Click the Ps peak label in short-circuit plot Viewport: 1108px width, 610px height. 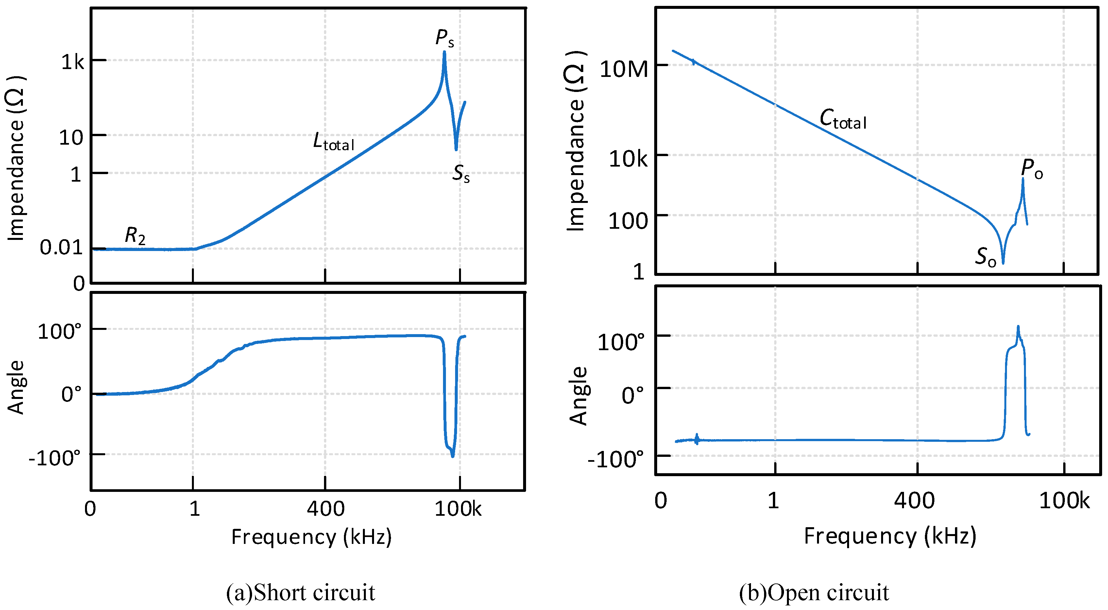click(444, 38)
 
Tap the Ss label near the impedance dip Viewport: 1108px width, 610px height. click(461, 173)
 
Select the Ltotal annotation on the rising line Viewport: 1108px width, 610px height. click(333, 142)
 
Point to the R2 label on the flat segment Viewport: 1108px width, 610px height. click(135, 236)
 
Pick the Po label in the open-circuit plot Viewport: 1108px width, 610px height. click(1031, 169)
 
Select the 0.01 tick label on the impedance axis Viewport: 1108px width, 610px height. click(61, 247)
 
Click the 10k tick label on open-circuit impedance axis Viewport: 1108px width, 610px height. click(627, 159)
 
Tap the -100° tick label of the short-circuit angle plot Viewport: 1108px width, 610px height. click(55, 458)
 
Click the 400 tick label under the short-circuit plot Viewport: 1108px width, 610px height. click(325, 509)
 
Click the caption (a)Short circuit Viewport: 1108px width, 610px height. click(300, 592)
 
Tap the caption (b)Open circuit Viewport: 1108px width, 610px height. click(814, 592)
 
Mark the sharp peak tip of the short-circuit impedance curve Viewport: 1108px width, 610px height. click(444, 52)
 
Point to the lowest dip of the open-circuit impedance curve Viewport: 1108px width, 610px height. click(1003, 262)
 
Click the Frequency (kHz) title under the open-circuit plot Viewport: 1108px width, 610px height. click(890, 536)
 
